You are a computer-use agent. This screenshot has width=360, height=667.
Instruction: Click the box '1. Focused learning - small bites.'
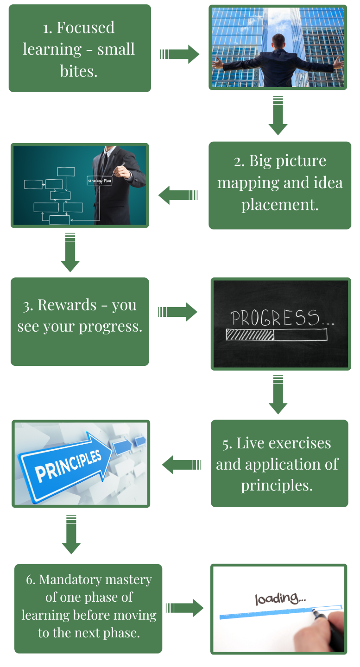pyautogui.click(x=79, y=49)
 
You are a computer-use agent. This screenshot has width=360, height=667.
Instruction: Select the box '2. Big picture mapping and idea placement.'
pyautogui.click(x=280, y=183)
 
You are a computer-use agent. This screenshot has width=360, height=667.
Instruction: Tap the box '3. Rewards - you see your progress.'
pyautogui.click(x=80, y=316)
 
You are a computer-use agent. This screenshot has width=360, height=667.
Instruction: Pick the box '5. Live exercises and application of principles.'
pyautogui.click(x=278, y=464)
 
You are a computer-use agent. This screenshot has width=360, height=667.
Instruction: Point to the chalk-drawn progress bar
pyautogui.click(x=276, y=334)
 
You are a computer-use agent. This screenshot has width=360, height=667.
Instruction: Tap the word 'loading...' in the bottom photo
pyautogui.click(x=280, y=598)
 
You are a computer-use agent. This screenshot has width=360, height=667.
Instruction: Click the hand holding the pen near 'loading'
pyautogui.click(x=331, y=627)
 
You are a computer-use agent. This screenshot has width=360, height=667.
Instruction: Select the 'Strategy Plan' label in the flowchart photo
pyautogui.click(x=99, y=181)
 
